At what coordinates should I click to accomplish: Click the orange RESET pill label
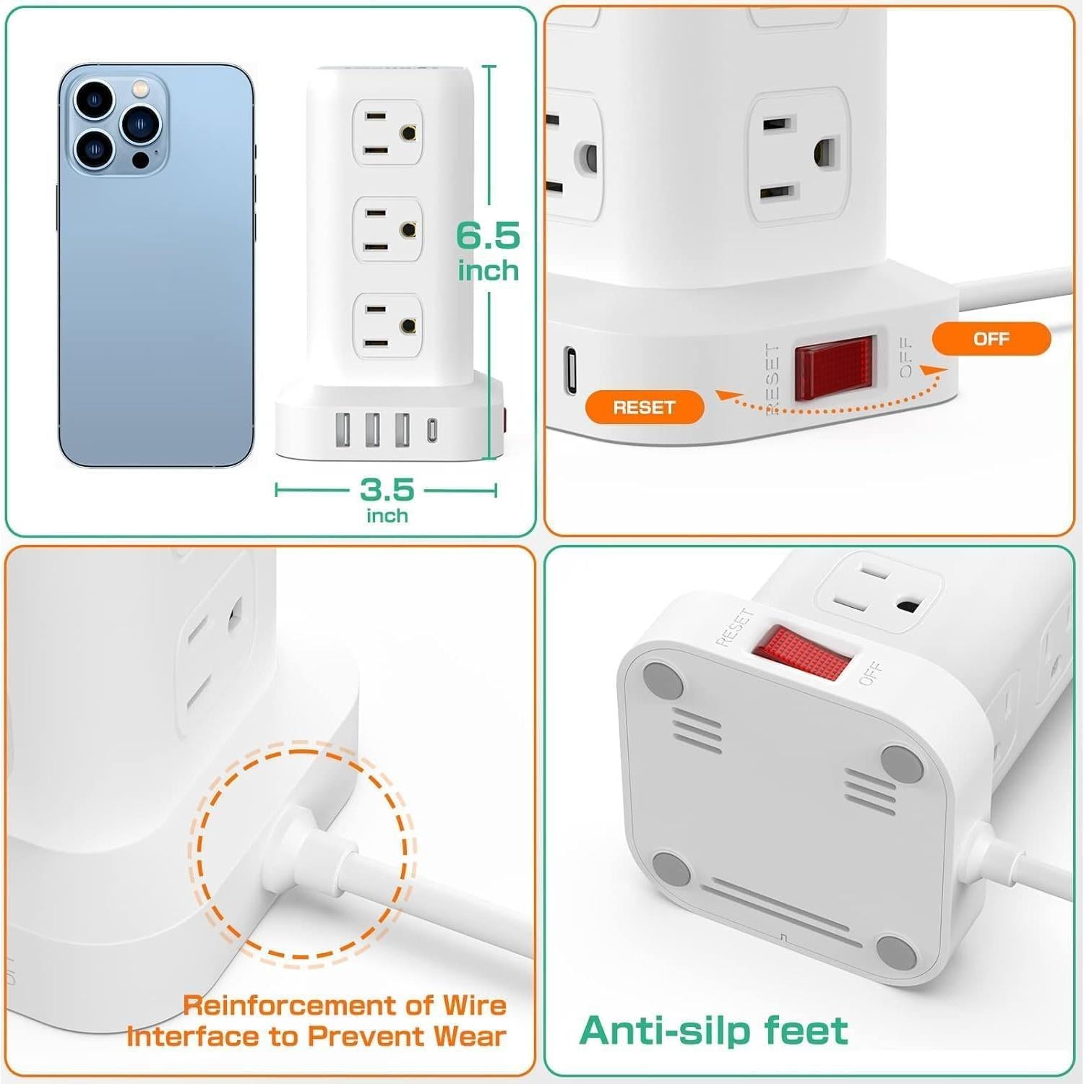(644, 407)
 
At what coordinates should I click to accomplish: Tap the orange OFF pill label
(991, 339)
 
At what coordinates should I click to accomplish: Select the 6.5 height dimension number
(488, 236)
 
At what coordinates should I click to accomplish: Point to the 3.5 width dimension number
(387, 490)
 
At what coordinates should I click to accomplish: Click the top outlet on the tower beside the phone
(388, 133)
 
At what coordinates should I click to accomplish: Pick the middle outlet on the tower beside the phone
(388, 230)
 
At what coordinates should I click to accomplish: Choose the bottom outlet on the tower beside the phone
(388, 326)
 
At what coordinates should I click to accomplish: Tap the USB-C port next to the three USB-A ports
(431, 430)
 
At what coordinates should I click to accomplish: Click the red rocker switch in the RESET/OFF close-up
(835, 368)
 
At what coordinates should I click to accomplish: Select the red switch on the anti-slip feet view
(801, 653)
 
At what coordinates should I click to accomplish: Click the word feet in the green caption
(806, 1031)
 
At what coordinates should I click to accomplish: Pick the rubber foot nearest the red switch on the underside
(663, 680)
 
